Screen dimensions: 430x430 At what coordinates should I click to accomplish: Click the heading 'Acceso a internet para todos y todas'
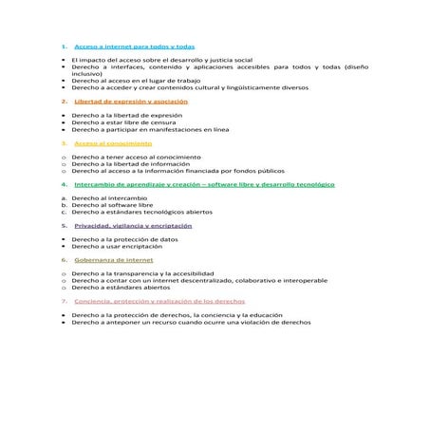pos(134,46)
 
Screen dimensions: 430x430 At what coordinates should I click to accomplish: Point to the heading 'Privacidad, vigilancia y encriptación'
pos(133,226)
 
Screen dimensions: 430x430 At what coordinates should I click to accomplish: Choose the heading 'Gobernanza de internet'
pos(113,259)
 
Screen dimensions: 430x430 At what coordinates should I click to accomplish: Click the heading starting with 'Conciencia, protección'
pos(165,300)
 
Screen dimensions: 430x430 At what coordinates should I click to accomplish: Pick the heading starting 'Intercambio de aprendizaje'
pos(204,184)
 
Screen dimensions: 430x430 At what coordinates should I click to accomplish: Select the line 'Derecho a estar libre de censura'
pos(122,122)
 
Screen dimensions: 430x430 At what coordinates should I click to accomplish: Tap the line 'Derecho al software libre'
pos(112,205)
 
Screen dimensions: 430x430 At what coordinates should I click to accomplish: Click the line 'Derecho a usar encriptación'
pos(118,246)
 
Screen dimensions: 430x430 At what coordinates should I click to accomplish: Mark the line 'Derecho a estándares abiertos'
pos(121,288)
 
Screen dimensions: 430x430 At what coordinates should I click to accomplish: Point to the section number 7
pos(63,300)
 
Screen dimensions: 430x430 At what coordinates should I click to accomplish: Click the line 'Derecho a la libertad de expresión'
pos(126,115)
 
